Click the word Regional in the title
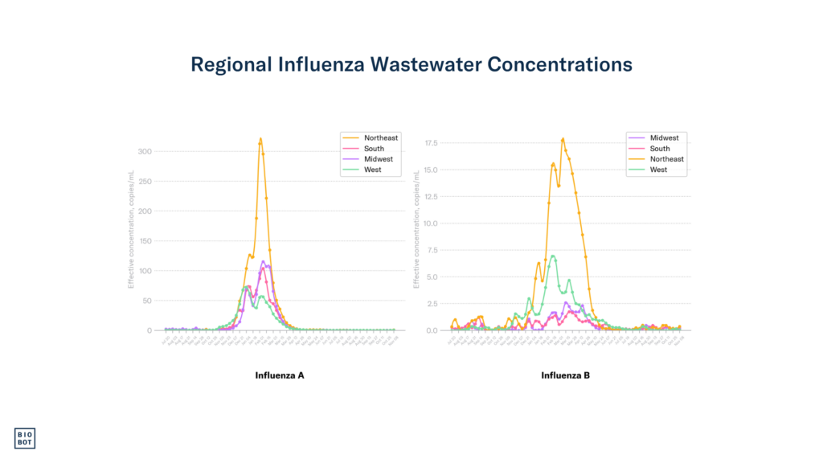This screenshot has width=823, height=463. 227,64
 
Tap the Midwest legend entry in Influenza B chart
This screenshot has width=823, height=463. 663,137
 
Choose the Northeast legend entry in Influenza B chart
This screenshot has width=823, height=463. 666,159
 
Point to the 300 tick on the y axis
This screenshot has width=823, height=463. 145,151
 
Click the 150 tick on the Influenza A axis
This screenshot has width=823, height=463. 145,240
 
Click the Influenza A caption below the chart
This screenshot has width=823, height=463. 279,375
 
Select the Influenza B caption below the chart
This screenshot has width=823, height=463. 565,375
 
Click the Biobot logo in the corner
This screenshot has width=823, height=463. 26,437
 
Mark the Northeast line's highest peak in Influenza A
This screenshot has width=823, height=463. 260,138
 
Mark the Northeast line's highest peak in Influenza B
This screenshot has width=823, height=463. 563,139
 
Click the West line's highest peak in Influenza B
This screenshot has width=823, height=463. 553,256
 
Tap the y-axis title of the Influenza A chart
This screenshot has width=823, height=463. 130,229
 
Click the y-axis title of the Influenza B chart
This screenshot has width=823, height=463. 416,229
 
